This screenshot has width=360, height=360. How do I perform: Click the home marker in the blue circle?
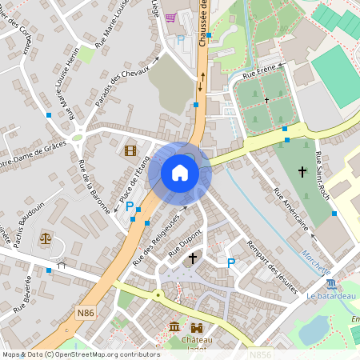[x=180, y=172]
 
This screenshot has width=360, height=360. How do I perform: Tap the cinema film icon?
[x=130, y=149]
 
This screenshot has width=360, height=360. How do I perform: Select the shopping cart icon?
[x=170, y=18]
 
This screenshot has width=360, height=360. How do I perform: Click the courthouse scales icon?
[x=46, y=238]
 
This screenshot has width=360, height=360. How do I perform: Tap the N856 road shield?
[x=260, y=353]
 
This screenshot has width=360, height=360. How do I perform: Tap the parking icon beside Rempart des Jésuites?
[x=231, y=262]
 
